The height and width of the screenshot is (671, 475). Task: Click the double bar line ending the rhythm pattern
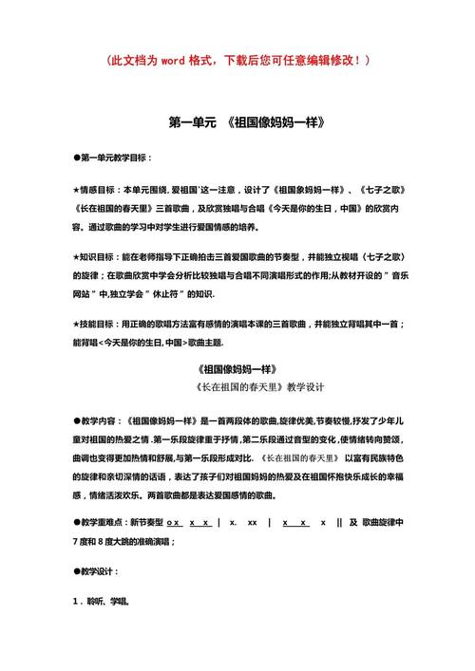pyautogui.click(x=339, y=523)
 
